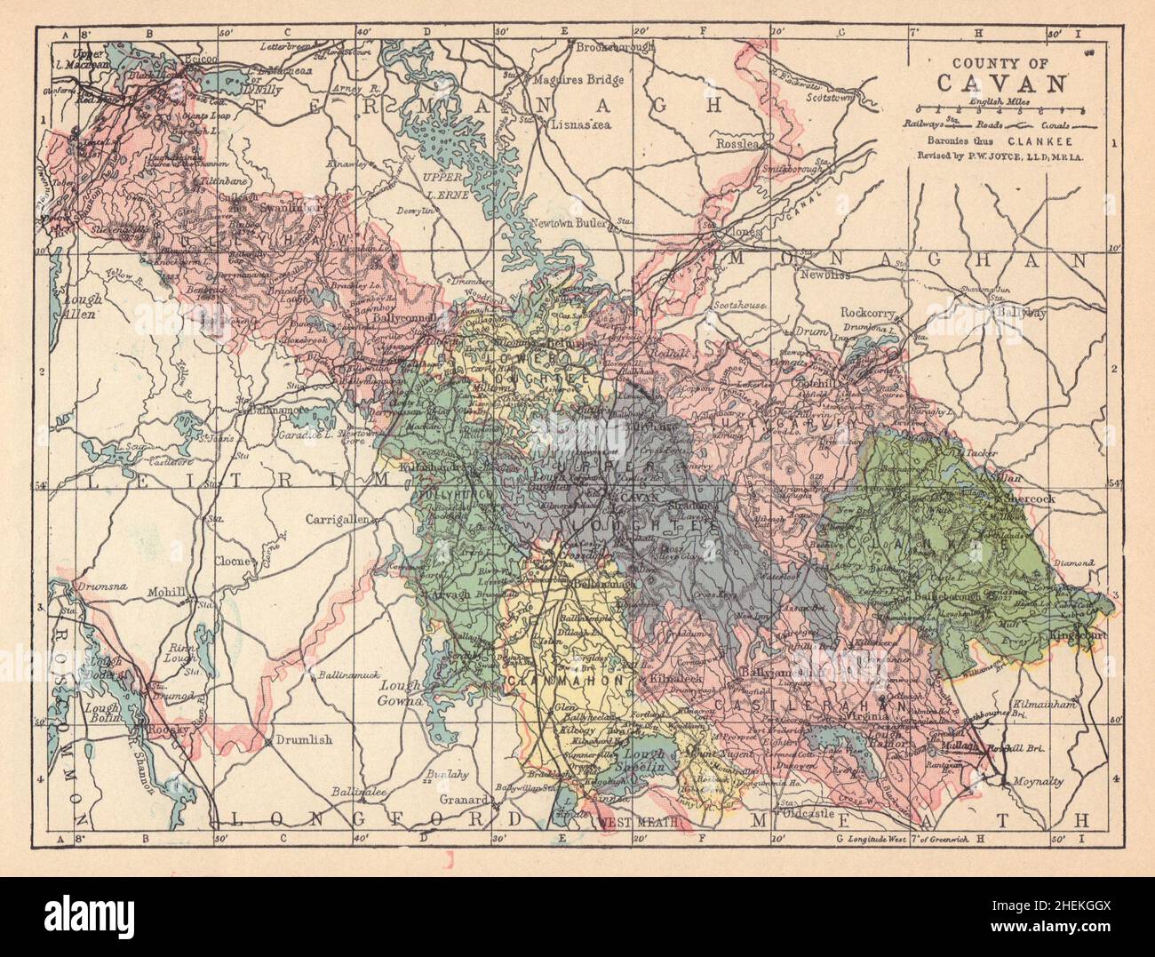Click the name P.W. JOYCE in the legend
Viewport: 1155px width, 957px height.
coord(1000,155)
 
